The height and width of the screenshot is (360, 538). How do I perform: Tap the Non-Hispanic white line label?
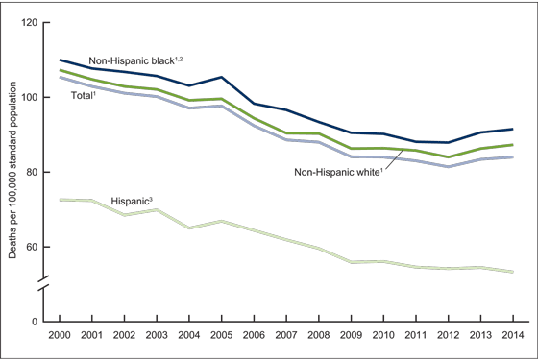pos(343,174)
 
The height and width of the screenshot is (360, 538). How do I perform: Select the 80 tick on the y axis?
pos(33,172)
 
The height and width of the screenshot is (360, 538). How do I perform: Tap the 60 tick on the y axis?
pos(33,247)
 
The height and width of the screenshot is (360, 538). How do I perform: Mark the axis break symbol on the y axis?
pos(46,286)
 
